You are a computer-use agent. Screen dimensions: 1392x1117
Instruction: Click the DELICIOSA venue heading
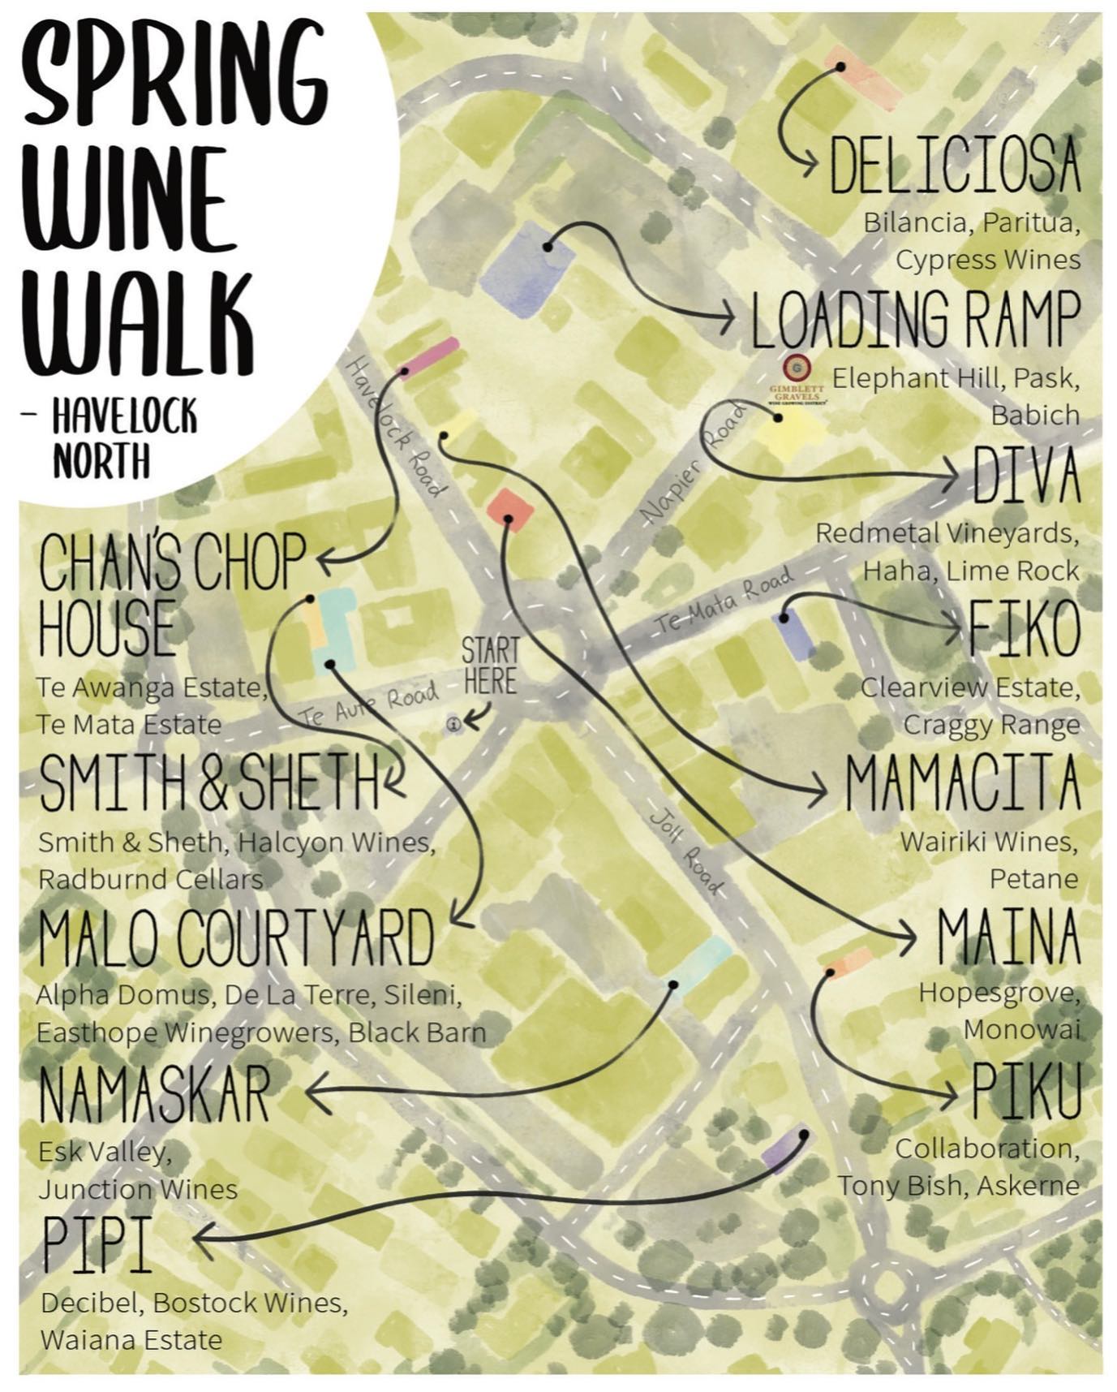[x=955, y=166]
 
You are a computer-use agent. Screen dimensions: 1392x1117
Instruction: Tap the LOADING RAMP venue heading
[x=915, y=320]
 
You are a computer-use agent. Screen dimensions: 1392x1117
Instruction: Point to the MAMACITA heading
[x=962, y=783]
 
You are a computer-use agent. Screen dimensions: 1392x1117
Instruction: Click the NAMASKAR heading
[x=154, y=1094]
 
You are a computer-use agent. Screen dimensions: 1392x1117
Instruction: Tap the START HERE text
[x=490, y=666]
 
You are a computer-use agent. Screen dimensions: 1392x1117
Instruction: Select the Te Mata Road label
[x=724, y=601]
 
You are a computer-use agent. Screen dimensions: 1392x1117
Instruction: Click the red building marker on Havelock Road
[x=510, y=510]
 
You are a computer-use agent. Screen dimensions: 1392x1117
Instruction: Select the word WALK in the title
[x=138, y=325]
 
